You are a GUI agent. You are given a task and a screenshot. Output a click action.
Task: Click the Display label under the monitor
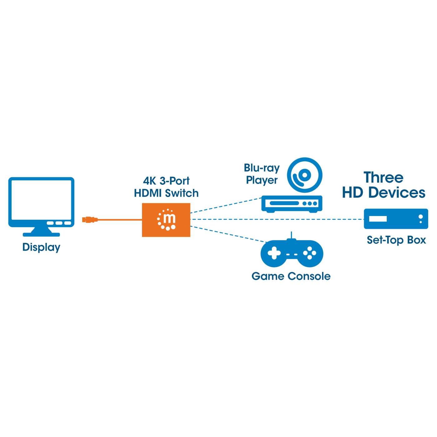41,247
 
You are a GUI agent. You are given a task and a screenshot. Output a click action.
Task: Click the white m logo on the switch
167,219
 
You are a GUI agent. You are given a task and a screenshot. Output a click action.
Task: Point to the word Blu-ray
262,168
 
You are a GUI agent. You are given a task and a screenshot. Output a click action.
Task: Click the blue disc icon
305,175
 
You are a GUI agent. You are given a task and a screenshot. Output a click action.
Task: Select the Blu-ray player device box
292,204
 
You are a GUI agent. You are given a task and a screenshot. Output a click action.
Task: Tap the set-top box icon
396,219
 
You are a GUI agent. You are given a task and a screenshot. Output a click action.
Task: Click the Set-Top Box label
396,240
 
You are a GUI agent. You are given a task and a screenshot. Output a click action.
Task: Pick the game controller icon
292,253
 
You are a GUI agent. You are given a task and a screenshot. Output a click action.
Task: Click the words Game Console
291,276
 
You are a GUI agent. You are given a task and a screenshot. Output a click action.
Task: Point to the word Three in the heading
383,178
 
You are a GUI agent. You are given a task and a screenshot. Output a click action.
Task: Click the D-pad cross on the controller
274,253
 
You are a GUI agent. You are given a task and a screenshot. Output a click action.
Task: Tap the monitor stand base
41,233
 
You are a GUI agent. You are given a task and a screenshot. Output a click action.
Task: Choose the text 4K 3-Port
166,181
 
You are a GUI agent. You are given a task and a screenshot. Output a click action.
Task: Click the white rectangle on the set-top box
378,219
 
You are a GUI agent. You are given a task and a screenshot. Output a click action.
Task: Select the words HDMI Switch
166,193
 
